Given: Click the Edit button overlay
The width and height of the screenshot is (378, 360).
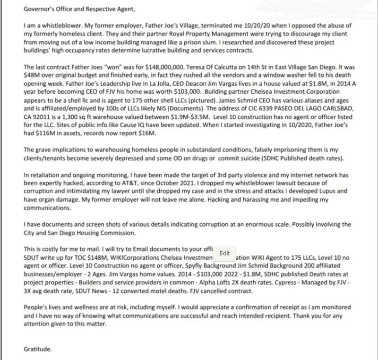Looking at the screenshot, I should [x=224, y=253].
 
